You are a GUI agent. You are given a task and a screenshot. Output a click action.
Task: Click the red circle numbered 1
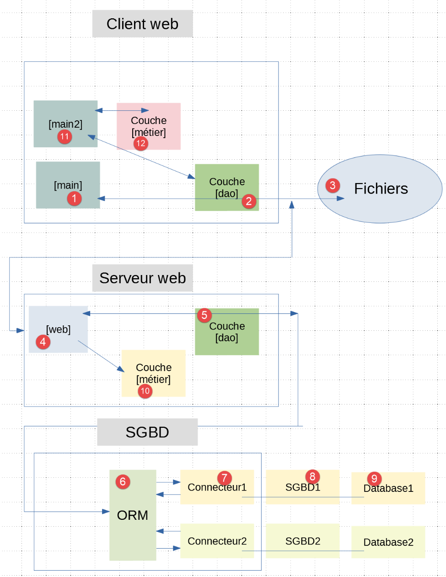74,199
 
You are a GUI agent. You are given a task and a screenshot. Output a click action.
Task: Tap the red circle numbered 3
333,185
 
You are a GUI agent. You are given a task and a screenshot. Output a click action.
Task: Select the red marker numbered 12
141,143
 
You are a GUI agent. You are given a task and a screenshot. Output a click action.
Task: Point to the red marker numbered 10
145,391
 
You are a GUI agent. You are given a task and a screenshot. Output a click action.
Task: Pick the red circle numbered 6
123,481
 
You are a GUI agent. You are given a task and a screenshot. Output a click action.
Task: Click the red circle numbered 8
312,476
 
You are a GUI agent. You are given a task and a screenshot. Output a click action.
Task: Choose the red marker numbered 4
43,341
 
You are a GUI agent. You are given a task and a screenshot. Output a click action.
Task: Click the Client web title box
142,24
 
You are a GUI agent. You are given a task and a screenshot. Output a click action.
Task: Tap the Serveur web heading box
142,278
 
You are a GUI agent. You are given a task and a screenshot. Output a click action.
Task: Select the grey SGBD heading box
147,432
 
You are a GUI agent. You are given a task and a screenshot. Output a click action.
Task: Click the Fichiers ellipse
380,189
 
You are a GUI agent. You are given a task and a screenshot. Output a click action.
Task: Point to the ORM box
133,515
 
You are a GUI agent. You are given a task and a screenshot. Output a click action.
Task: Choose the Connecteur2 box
217,541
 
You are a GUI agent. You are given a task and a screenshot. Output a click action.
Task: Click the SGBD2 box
302,541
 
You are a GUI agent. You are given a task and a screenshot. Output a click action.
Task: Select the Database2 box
388,542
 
